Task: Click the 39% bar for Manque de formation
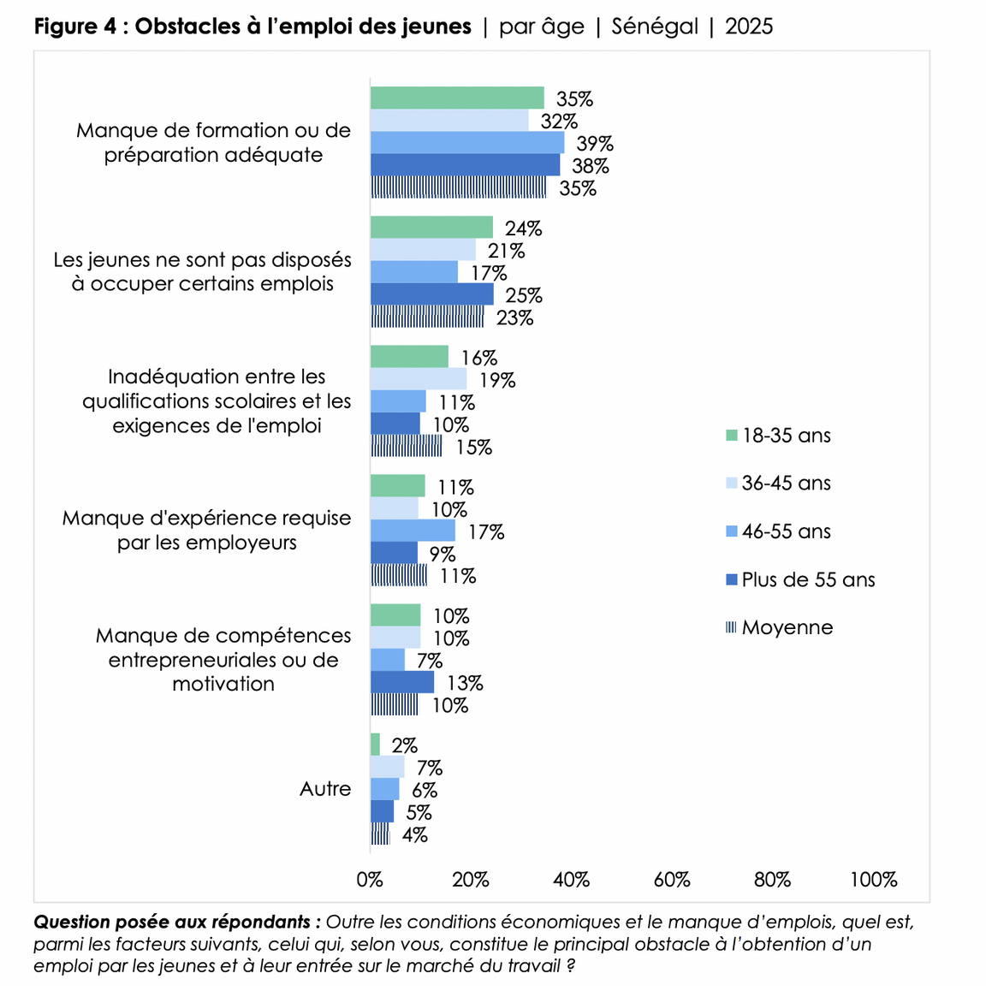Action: [467, 143]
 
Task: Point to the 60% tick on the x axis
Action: [672, 880]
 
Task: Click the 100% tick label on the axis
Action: [873, 880]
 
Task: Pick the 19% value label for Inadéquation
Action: [497, 381]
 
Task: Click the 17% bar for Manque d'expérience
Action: [413, 531]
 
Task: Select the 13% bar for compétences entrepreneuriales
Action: [402, 682]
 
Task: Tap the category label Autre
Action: [325, 789]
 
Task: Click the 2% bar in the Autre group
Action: [375, 745]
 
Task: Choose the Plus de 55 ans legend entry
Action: [808, 579]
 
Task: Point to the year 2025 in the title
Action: [749, 27]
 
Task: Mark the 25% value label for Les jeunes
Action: [524, 296]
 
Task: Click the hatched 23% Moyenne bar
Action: [427, 318]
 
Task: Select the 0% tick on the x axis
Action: [370, 880]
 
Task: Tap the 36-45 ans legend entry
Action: [786, 484]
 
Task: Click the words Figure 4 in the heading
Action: [75, 27]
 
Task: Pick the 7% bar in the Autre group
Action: [387, 767]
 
